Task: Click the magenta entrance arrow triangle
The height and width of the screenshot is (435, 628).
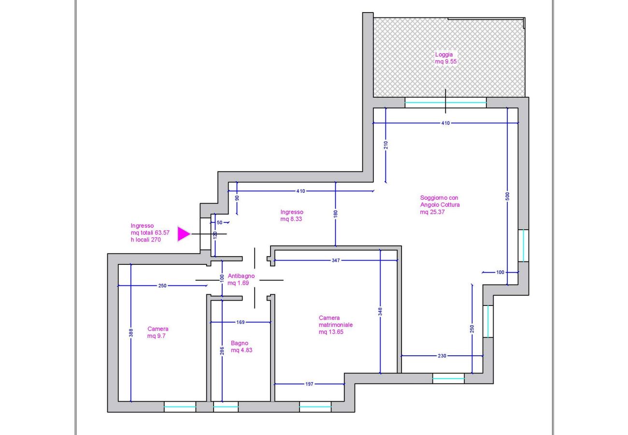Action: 183,234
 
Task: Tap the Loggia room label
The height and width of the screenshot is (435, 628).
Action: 444,55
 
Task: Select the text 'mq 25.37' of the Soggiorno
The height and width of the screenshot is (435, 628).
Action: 432,212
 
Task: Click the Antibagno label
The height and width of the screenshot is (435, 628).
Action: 241,276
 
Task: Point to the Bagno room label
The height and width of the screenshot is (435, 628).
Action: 240,343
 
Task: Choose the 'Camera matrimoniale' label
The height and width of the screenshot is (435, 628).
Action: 336,321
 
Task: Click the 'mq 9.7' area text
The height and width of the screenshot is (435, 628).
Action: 157,336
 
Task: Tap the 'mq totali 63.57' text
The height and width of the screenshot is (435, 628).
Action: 150,232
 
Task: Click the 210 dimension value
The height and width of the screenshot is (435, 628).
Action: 386,145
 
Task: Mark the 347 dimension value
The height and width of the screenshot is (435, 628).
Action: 336,261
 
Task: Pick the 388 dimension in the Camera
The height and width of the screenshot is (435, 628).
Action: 131,333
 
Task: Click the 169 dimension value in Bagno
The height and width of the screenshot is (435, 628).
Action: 241,322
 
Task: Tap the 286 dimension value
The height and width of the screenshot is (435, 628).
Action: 222,350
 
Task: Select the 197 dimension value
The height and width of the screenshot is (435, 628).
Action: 310,384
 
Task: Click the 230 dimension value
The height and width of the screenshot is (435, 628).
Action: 442,356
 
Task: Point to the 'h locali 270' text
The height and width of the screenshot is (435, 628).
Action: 145,240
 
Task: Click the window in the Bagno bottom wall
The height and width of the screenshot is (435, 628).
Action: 226,407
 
